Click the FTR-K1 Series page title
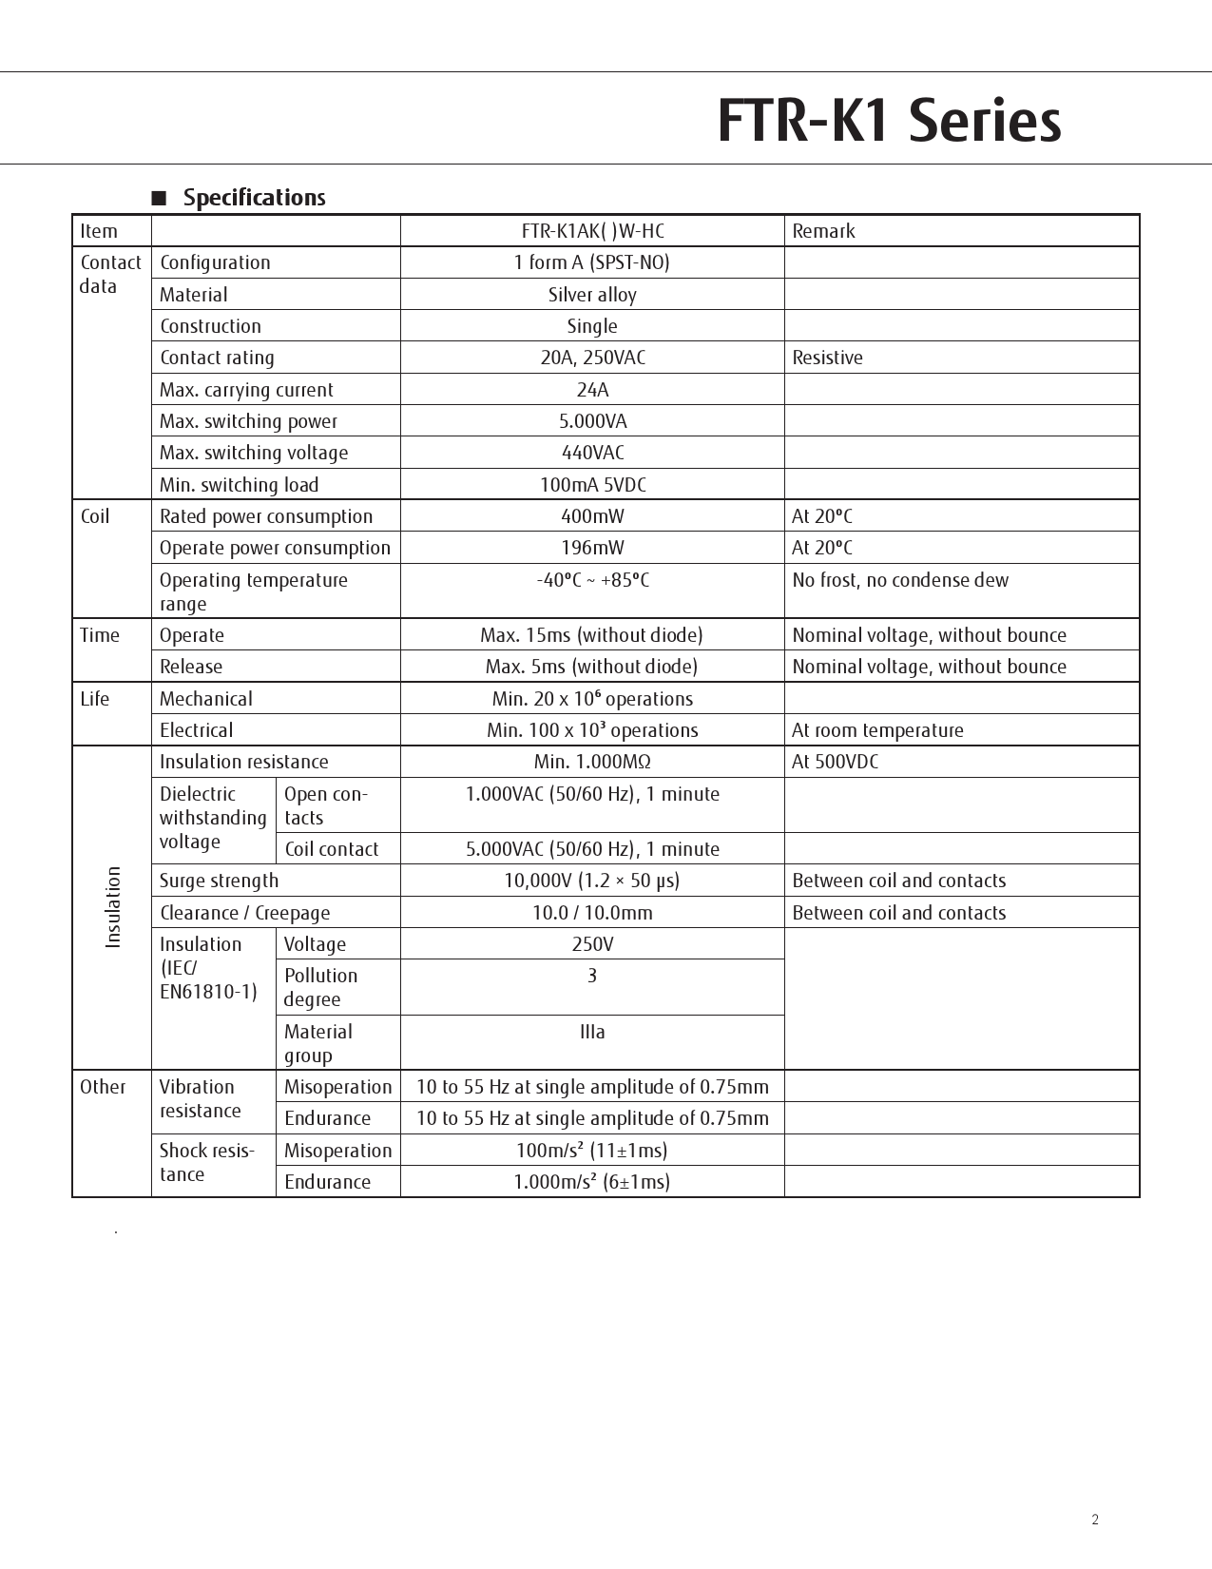click(889, 121)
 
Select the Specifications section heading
click(254, 198)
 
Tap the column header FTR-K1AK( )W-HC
click(592, 231)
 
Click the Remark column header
click(823, 231)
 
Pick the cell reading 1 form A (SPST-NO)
click(592, 262)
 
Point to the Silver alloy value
click(592, 295)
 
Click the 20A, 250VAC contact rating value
click(592, 358)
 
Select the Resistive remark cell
click(827, 358)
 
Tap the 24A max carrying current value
click(592, 390)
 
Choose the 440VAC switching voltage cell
click(592, 453)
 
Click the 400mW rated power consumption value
click(592, 516)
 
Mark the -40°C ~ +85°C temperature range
click(592, 580)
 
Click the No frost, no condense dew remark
click(900, 580)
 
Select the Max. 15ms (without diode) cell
click(592, 635)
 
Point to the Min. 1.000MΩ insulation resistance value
click(592, 762)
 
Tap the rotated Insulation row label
click(113, 907)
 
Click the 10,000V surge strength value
click(592, 881)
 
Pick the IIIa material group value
click(592, 1032)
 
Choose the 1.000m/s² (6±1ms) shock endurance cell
click(592, 1182)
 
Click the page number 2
click(1095, 1520)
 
